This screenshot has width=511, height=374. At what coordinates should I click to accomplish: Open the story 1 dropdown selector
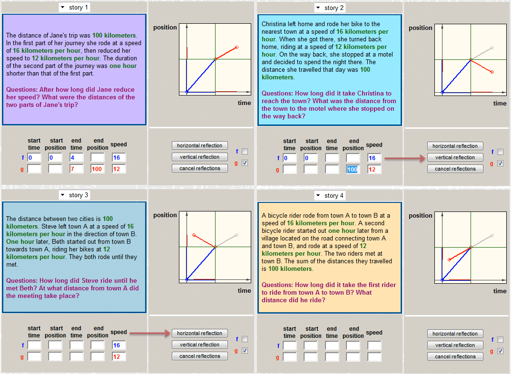74,7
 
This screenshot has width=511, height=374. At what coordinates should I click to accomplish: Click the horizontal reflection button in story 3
199,333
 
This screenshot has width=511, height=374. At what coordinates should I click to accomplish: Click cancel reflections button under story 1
199,168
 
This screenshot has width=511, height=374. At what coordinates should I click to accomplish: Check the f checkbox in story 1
245,151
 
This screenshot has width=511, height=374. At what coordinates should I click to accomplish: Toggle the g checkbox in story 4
500,351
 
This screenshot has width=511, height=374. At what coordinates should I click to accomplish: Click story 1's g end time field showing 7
76,169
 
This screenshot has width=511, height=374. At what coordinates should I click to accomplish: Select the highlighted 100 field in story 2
353,169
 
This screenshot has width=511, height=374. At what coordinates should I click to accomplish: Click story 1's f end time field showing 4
76,158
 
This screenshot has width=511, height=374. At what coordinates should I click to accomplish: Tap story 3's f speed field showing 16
118,345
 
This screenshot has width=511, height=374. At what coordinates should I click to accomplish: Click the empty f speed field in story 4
374,345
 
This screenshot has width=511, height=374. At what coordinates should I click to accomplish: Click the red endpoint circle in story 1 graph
236,48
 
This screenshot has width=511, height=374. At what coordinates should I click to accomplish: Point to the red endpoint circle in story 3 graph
194,235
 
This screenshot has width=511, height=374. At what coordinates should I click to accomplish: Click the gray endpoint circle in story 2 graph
492,48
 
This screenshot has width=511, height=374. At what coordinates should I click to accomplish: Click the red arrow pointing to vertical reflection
405,159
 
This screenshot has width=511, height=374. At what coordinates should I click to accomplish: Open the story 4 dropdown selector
330,195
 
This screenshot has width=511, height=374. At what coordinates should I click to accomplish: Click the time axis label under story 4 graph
500,291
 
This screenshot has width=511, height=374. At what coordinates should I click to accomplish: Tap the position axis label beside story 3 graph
165,215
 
